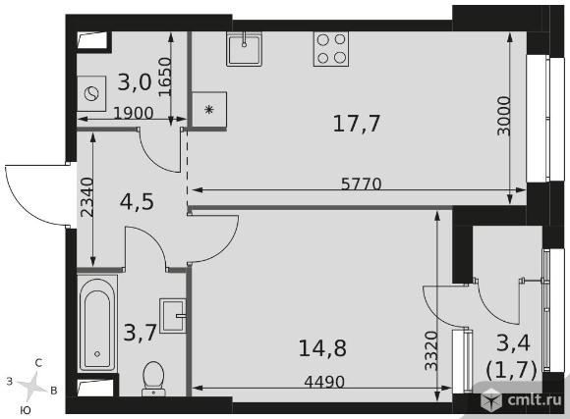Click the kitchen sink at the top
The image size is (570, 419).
click(x=244, y=49)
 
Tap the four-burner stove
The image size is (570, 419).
click(x=331, y=49)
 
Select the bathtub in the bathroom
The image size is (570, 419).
click(x=97, y=323)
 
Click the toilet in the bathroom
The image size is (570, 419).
click(x=153, y=379)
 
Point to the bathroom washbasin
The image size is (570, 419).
click(x=173, y=316)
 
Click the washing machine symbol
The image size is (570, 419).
click(x=91, y=93)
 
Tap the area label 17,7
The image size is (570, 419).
click(x=356, y=124)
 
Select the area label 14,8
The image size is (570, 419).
click(x=322, y=347)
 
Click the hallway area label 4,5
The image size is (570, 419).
click(x=137, y=201)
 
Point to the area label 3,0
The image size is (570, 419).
click(x=135, y=82)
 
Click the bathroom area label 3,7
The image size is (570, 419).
click(x=140, y=333)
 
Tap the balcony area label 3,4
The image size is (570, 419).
click(x=513, y=342)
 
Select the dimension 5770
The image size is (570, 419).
click(x=362, y=184)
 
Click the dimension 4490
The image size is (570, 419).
click(x=324, y=382)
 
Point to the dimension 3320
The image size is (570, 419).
click(x=431, y=350)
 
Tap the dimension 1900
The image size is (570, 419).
click(x=134, y=113)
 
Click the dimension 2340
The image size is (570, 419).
click(x=86, y=197)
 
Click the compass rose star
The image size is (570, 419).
click(x=32, y=386)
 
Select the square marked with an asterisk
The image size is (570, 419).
click(x=209, y=109)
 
